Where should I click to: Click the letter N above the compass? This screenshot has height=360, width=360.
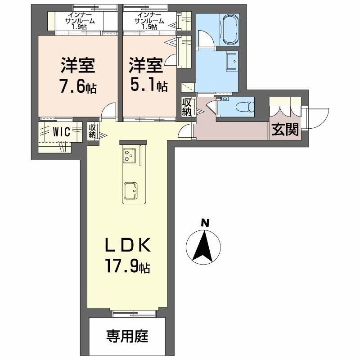coord(205,222)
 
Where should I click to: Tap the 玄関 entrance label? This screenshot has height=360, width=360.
coord(285,130)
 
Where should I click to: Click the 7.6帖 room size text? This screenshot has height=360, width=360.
coord(78,87)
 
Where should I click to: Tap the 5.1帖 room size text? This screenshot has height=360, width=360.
coord(150,86)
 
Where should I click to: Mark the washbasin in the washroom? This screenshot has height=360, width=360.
coord(232,61)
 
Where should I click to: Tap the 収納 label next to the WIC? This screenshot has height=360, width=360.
coord(92,131)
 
